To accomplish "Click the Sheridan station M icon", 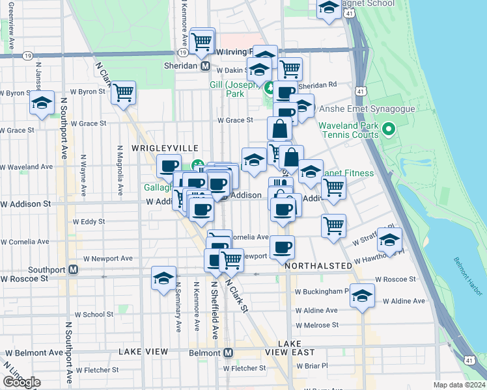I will point(204,66).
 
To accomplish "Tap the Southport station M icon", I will point(74,269).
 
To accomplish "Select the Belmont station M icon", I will point(228,352).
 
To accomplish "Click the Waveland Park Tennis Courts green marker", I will point(389,129).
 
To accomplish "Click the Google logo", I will point(21,382).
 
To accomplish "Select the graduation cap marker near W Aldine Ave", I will point(362,296).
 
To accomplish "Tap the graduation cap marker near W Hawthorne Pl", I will point(389,240).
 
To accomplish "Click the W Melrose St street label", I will point(317,324).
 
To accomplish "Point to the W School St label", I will point(94,314).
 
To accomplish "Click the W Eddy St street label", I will point(89,222).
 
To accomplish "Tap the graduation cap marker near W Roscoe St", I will point(163,278).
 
